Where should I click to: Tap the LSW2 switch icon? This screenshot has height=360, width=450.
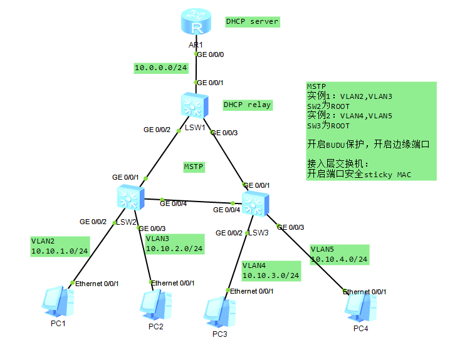click(x=129, y=198)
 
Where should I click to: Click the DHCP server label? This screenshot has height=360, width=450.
click(x=252, y=21)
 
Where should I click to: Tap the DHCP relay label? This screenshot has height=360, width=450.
click(x=247, y=105)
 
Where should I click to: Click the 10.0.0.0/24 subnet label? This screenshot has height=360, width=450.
click(x=161, y=68)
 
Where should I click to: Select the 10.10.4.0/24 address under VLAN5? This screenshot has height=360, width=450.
click(x=339, y=259)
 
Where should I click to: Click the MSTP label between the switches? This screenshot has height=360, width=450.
click(x=194, y=167)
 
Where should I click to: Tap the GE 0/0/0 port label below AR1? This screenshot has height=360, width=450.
click(x=211, y=54)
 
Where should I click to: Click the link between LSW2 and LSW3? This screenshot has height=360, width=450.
click(x=194, y=201)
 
